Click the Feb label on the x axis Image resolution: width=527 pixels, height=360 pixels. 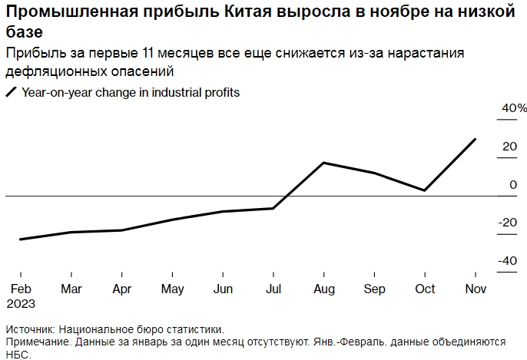click(20, 289)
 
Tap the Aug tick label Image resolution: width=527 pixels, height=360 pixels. click(324, 289)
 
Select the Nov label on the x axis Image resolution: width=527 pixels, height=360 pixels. click(476, 289)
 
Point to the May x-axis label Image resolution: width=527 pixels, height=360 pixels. click(172, 289)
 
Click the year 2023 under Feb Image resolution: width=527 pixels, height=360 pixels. click(22, 302)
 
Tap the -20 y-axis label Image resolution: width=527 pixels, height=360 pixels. click(508, 223)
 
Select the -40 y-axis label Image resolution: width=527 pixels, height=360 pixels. click(508, 261)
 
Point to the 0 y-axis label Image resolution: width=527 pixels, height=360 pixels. click(513, 184)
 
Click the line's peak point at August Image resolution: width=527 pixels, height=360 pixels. click(324, 163)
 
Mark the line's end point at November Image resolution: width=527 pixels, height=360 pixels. click(476, 139)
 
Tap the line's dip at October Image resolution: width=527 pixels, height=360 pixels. click(425, 190)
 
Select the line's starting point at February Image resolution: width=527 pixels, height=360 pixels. click(20, 239)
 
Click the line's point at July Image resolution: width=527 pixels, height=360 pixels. click(273, 208)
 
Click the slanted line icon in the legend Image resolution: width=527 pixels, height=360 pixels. click(11, 93)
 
